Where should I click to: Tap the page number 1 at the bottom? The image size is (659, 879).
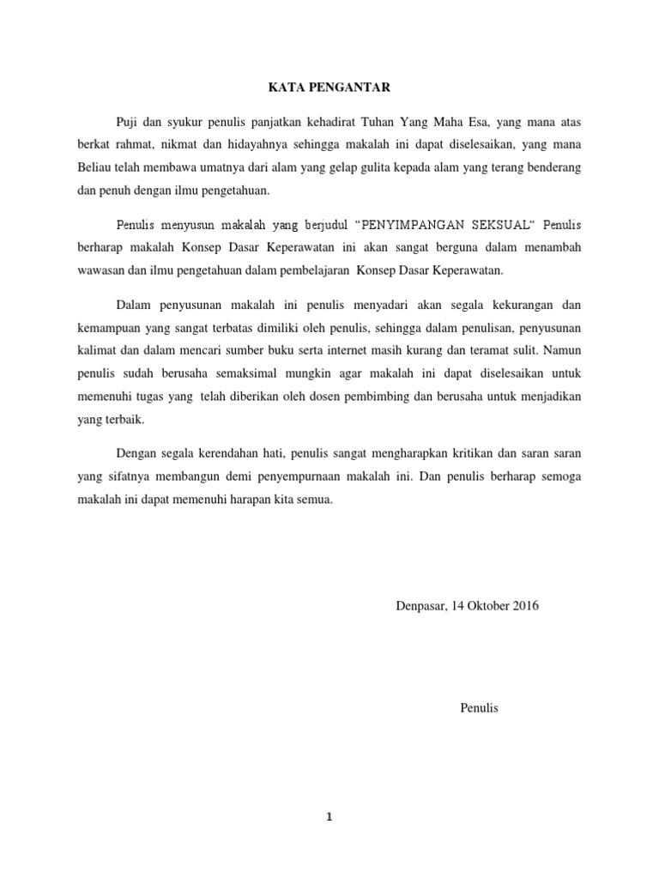[x=329, y=817]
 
